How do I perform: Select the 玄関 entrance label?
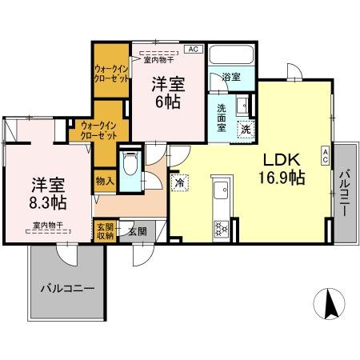coord(137,231)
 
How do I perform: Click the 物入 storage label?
coord(104,182)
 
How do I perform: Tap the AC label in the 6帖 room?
coord(193,49)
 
